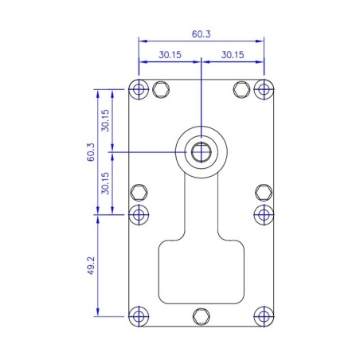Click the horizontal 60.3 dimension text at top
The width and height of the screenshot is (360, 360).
point(201,34)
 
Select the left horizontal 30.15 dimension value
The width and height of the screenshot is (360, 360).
point(170,55)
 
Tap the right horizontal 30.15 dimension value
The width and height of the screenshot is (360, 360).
point(233,55)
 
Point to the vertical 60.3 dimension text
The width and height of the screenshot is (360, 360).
point(91,151)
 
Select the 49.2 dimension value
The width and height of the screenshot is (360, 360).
point(91,264)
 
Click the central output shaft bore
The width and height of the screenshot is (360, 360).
point(202,151)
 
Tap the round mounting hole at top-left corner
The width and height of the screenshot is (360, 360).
point(139,88)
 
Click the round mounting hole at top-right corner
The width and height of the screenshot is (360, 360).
point(264,88)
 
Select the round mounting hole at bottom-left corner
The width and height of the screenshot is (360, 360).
point(139,316)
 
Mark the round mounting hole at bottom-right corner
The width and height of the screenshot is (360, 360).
point(264,316)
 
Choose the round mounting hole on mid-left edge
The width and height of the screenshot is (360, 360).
point(139,213)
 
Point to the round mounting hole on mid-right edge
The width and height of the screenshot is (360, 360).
point(264,213)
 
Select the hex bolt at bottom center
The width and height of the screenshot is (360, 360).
point(202,316)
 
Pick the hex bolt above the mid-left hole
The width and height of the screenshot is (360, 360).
point(139,191)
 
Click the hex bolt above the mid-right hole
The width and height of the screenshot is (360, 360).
point(264,191)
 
